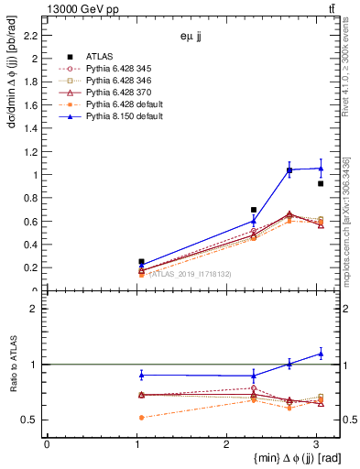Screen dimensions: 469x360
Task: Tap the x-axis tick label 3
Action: click(315, 444)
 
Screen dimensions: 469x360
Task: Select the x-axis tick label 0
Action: click(47, 444)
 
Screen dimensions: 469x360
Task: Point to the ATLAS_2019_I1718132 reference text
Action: click(191, 273)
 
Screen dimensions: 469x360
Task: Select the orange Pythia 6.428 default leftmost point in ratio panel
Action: click(141, 417)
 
